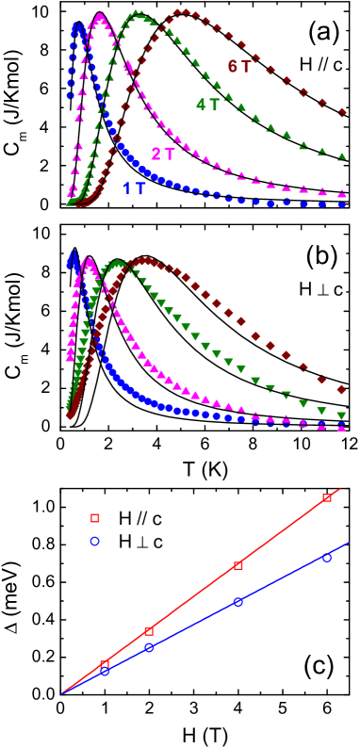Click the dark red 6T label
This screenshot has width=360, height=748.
point(239,67)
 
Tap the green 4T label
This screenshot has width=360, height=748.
point(209,105)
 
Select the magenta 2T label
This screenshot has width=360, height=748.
point(164,154)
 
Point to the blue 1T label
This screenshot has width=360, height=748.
point(135,188)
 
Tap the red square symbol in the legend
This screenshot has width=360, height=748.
point(94,518)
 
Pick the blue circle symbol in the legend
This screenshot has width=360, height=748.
point(94,541)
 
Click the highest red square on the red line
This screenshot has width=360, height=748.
point(327,497)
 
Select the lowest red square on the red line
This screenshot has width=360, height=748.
point(105,664)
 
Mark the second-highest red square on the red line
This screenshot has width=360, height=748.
point(237,565)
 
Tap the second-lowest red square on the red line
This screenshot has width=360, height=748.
point(149,631)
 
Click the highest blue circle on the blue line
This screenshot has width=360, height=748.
point(327,558)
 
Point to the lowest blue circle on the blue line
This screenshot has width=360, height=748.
point(105,671)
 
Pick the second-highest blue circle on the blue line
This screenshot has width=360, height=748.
point(237,601)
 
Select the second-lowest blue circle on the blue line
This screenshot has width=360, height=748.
point(149,647)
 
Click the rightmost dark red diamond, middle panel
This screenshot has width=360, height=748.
point(341,389)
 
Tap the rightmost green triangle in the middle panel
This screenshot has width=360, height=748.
point(341,415)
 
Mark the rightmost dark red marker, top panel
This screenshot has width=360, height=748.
point(342,113)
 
